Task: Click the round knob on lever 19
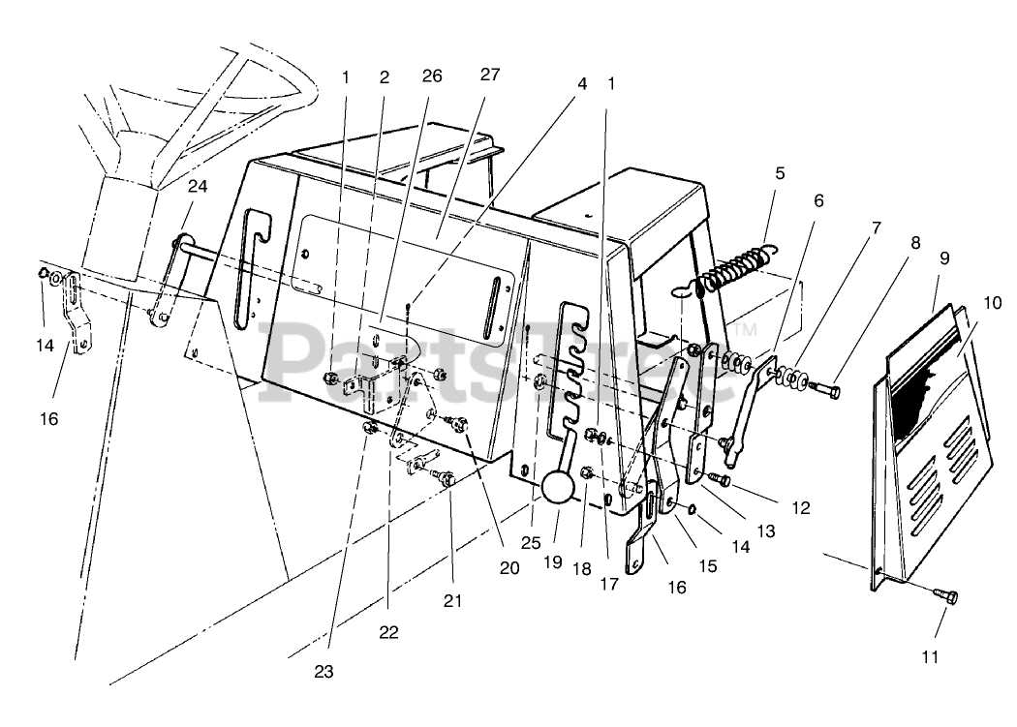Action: [559, 488]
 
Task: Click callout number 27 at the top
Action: [490, 75]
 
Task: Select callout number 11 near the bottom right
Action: [930, 657]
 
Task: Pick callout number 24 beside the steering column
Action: [198, 185]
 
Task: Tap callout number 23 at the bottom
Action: [324, 671]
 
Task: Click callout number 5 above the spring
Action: [780, 173]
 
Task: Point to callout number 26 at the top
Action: [432, 76]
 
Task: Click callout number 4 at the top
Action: [582, 83]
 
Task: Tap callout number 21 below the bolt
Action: [452, 601]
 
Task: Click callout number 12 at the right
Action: [799, 506]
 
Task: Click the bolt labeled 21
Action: [447, 477]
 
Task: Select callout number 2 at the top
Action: [385, 76]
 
